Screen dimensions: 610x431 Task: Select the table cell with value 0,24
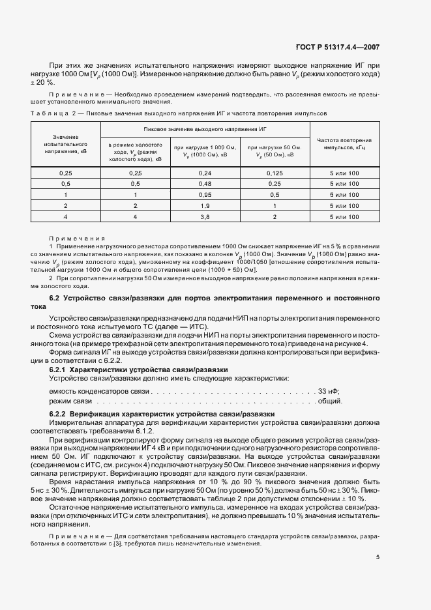[204, 173]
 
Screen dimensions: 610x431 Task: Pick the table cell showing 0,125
[275, 173]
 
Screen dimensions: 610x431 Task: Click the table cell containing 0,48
[204, 184]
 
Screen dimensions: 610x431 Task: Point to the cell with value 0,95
[204, 195]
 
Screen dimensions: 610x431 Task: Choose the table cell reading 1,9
[204, 205]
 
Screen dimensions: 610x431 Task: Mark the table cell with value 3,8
[204, 216]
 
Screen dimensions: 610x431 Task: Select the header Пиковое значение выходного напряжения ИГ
[205, 130]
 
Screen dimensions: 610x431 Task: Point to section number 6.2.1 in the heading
[58, 370]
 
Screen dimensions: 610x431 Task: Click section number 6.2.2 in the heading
[58, 414]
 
